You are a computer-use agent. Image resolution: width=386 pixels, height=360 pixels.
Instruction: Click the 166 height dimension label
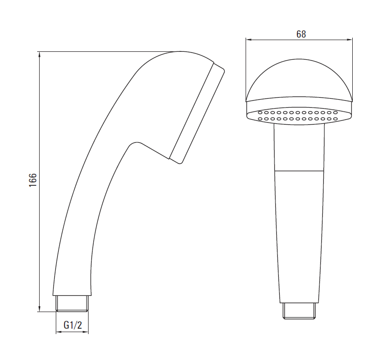click(33, 180)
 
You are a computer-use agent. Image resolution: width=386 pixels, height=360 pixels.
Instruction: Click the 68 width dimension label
click(301, 34)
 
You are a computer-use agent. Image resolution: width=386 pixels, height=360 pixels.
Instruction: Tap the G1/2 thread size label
click(72, 325)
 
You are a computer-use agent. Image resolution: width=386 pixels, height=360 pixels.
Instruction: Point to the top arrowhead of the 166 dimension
click(40, 55)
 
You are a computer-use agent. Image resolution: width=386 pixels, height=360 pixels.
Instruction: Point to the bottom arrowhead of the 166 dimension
click(40, 309)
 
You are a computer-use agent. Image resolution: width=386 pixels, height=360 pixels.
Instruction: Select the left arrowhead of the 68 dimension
click(249, 39)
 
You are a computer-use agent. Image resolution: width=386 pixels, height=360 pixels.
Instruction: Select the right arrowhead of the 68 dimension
click(349, 39)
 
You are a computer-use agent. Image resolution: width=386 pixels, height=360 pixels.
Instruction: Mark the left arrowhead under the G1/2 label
click(59, 332)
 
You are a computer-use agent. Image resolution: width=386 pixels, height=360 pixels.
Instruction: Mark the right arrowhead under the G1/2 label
click(85, 332)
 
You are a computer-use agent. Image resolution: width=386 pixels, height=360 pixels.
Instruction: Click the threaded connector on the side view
click(72, 304)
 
